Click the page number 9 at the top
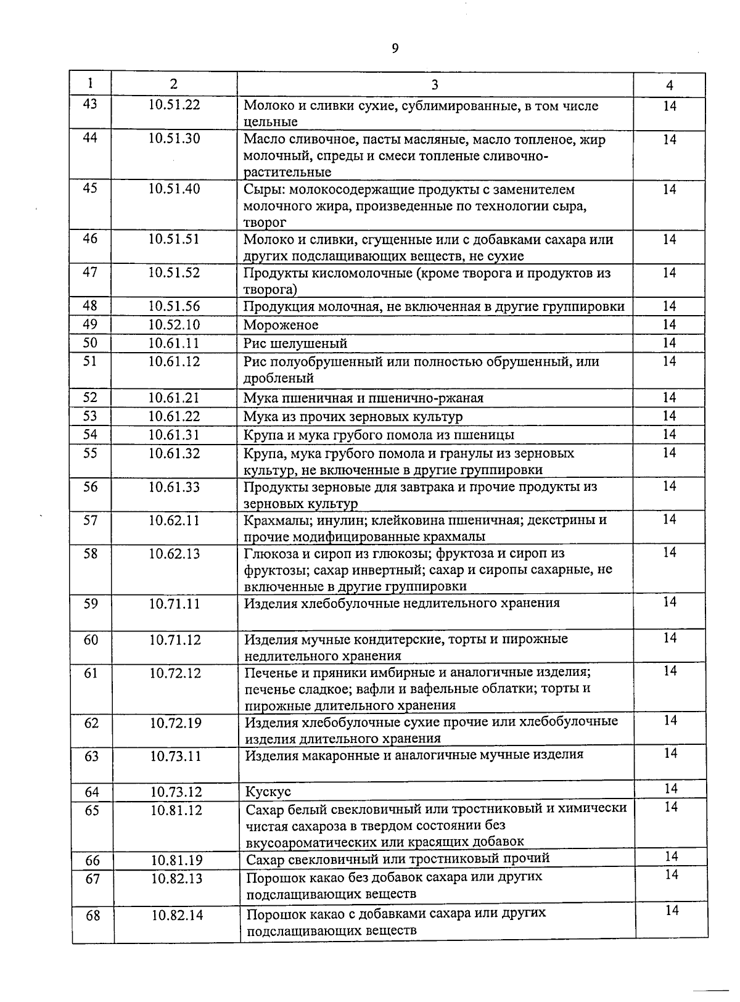(x=395, y=49)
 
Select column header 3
(x=435, y=85)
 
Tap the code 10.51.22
(x=174, y=105)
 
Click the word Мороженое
(x=281, y=325)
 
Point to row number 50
(x=90, y=343)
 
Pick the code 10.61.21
(x=174, y=398)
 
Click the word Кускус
(x=268, y=791)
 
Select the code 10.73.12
(x=176, y=792)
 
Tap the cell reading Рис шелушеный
(x=295, y=343)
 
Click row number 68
(x=92, y=916)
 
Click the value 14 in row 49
(x=670, y=324)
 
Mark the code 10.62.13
(x=175, y=554)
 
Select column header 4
(x=670, y=85)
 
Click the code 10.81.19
(x=176, y=860)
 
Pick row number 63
(x=91, y=756)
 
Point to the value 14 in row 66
(x=672, y=856)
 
